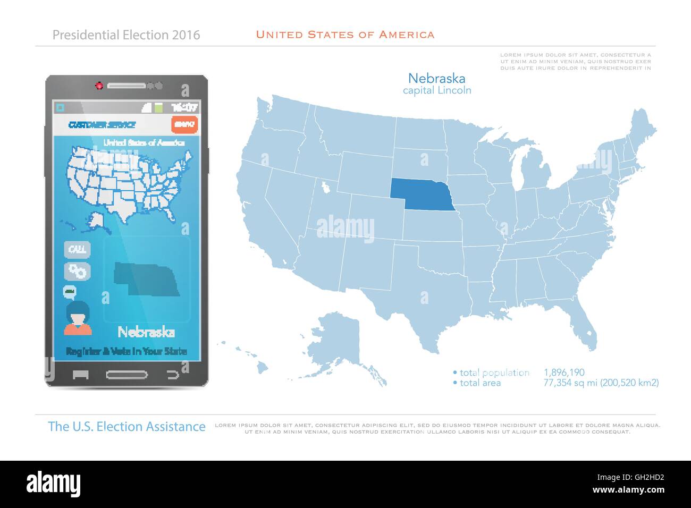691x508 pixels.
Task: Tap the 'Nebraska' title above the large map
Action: [437, 79]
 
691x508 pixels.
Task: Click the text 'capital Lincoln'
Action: [437, 90]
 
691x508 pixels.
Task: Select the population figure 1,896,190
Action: [564, 372]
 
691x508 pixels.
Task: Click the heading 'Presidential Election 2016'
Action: [127, 35]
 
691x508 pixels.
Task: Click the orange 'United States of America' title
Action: [345, 35]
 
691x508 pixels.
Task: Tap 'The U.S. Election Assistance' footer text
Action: [127, 426]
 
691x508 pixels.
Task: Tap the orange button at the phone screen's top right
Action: [184, 124]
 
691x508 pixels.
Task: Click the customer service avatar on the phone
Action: [78, 318]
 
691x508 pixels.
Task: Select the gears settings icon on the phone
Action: [78, 271]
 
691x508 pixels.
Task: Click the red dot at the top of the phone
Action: [99, 85]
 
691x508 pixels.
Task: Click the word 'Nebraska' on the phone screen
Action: [146, 333]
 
